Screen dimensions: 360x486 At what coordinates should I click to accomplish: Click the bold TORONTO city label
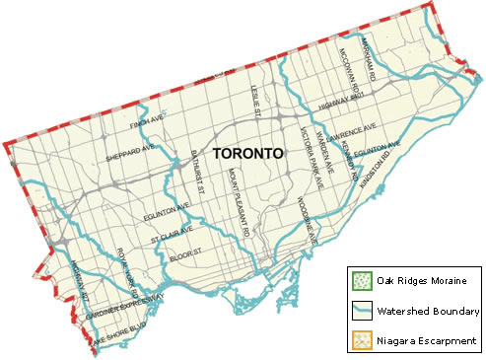247,155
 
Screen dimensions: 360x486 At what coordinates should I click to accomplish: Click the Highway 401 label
342,101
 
